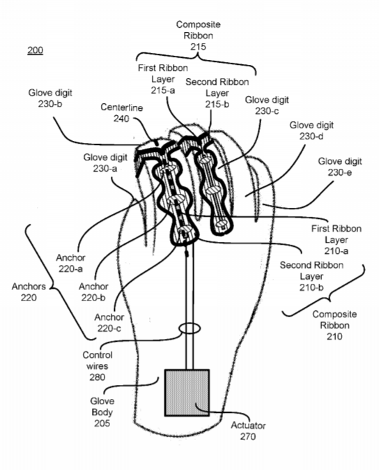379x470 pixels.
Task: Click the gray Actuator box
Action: pos(187,393)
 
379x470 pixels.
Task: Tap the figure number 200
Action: pos(36,50)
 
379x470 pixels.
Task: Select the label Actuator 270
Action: pos(248,431)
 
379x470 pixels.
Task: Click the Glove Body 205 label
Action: pos(102,412)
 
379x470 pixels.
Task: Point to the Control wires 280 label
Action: pos(98,365)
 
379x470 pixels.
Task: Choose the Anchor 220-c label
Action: pos(109,323)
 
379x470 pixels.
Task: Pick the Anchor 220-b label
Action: pos(93,292)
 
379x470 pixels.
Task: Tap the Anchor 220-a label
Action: pos(70,263)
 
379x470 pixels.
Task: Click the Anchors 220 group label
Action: pos(29,291)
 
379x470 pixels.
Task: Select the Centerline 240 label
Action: pos(121,113)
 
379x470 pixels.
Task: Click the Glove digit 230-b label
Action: pos(50,98)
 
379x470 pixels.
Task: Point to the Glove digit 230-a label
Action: pos(105,162)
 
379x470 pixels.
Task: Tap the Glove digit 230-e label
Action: pos(340,167)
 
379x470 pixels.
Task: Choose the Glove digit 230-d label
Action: pos(311,130)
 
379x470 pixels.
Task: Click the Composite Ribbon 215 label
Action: pos(198,36)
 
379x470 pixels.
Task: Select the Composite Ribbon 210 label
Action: pos(334,325)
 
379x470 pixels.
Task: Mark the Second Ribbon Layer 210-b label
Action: pos(311,276)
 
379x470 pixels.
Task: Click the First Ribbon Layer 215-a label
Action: pos(163,79)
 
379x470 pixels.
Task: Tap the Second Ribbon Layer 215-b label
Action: pos(217,93)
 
